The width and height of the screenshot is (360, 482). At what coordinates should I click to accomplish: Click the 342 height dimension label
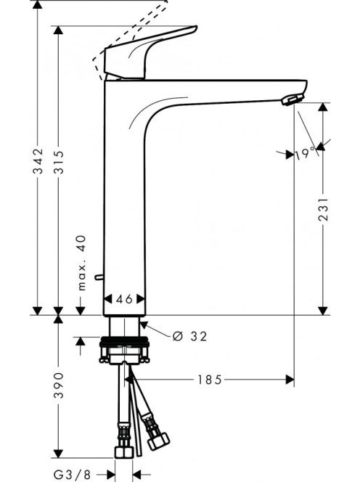click(x=38, y=161)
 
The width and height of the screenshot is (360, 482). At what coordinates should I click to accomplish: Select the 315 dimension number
click(x=58, y=162)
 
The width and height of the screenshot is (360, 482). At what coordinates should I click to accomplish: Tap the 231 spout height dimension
click(x=323, y=209)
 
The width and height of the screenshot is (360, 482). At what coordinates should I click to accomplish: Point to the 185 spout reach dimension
click(x=209, y=380)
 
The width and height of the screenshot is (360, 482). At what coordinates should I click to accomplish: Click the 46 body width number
click(x=125, y=299)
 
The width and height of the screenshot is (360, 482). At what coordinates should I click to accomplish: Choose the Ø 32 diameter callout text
click(x=189, y=336)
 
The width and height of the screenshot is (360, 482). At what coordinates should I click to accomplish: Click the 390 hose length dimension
click(x=58, y=385)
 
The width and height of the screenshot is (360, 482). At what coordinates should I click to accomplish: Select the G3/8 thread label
click(x=73, y=474)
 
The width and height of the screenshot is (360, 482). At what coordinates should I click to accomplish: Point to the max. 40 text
click(x=81, y=263)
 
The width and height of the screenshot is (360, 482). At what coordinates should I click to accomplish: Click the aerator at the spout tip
click(x=292, y=99)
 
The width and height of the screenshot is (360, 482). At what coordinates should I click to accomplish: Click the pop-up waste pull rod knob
click(x=99, y=277)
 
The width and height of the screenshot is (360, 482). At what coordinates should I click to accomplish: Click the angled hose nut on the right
click(x=158, y=441)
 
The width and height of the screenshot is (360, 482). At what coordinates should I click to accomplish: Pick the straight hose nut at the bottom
click(x=124, y=452)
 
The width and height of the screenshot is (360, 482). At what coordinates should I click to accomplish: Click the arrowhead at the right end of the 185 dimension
click(x=290, y=380)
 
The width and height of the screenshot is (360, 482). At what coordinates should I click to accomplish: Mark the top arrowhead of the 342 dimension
click(x=38, y=4)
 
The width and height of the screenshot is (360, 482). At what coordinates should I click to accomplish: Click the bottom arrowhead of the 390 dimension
click(x=58, y=454)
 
